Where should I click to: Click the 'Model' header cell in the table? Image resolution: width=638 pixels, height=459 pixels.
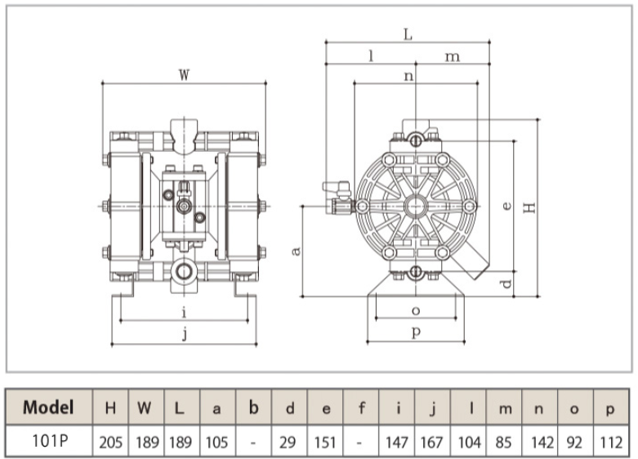(48, 408)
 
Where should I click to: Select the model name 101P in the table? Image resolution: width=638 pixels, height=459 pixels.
(50, 441)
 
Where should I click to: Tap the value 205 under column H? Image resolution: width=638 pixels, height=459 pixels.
(110, 443)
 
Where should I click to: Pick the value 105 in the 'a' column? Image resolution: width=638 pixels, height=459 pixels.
(216, 443)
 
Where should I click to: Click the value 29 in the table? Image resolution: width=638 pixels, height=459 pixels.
(288, 443)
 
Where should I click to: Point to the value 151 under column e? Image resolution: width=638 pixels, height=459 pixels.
(325, 443)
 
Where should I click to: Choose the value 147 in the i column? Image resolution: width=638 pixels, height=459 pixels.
(397, 443)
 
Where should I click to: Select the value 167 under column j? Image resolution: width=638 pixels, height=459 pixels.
(431, 443)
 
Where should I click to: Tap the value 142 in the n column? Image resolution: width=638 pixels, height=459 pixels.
(542, 443)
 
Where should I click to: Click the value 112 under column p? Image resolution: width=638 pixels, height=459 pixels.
(611, 443)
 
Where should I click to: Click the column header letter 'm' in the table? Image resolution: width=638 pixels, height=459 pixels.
(505, 408)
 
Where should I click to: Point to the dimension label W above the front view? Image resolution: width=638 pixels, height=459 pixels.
(184, 75)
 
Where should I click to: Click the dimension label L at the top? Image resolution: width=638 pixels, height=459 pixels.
(408, 34)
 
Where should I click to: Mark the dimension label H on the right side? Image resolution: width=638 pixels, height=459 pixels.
(529, 207)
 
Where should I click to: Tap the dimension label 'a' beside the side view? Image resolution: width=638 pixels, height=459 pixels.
(297, 251)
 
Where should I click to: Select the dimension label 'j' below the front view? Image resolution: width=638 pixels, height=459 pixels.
(185, 334)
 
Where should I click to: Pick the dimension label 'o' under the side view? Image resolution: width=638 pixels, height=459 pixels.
(416, 311)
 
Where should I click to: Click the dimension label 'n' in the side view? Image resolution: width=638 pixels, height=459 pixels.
(408, 76)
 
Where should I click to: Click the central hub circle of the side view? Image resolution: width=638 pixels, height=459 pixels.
(416, 206)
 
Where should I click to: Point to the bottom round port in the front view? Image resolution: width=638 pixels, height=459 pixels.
(184, 271)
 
